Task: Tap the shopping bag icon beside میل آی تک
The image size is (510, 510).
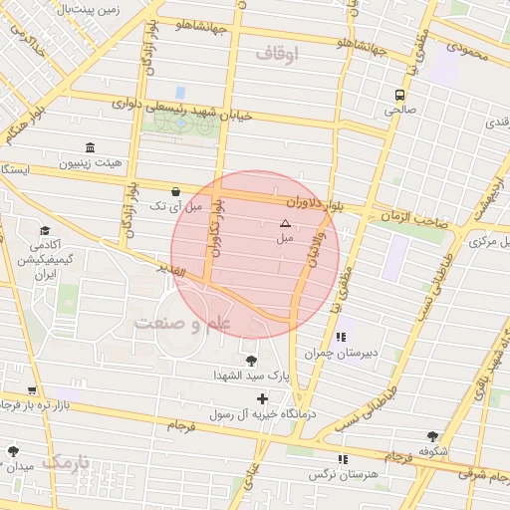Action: tap(176, 191)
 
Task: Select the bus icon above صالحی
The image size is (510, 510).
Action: tap(398, 95)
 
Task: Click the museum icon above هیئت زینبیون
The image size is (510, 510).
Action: tap(91, 146)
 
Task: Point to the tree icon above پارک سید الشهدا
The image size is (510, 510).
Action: tap(249, 361)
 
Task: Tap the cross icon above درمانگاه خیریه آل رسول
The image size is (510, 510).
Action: tap(262, 398)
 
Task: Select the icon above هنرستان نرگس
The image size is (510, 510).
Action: tap(344, 459)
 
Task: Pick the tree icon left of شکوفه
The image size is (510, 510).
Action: tap(432, 436)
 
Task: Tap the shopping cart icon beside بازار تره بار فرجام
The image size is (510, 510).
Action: tap(33, 390)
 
